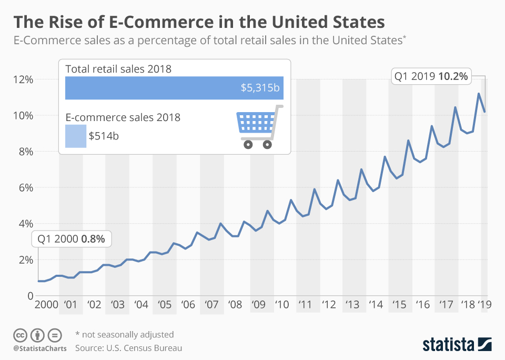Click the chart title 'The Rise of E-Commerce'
[x=199, y=23]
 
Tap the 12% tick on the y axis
[x=23, y=79]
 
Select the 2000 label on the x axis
[x=47, y=304]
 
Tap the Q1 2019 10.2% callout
[x=430, y=76]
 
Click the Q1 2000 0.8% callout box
[x=72, y=238]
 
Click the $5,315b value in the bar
[x=260, y=88]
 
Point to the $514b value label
[x=104, y=136]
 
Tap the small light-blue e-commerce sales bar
[x=75, y=136]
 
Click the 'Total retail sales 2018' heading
[x=118, y=69]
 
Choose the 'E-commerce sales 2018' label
[x=123, y=117]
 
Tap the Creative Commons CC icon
[x=20, y=335]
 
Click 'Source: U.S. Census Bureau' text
[x=128, y=348]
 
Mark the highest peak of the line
[x=479, y=94]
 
